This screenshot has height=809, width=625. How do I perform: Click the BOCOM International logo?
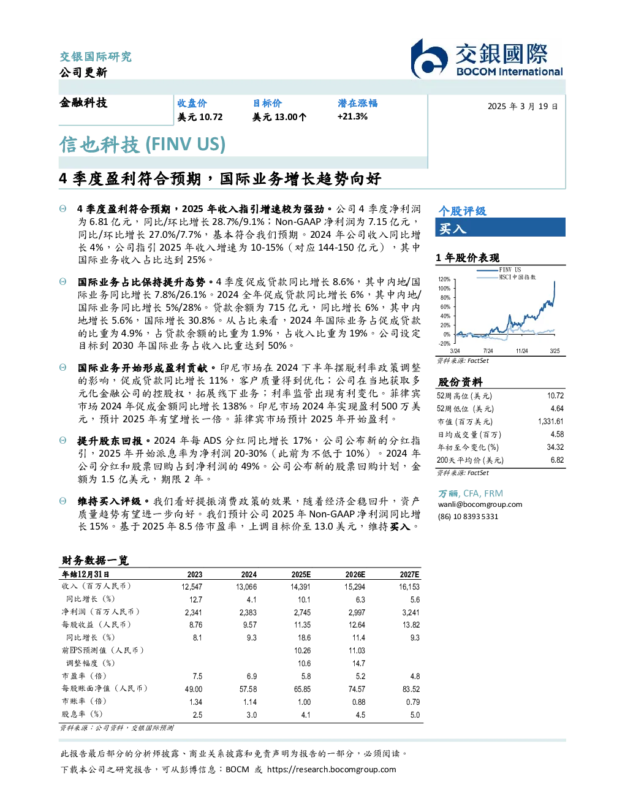point(487,58)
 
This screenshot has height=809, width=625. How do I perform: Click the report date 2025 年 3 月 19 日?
point(523,107)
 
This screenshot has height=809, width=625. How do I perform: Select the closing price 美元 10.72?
point(200,117)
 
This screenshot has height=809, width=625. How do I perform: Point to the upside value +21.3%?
point(352,116)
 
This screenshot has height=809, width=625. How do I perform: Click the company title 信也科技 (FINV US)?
point(143,145)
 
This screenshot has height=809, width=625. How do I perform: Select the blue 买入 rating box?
point(500,227)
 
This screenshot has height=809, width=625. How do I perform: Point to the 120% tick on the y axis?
point(444,279)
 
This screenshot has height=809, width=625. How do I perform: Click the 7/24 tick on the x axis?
point(488,351)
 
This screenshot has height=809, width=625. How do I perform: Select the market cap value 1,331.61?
point(550,422)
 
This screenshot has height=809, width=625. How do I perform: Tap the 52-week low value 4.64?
point(557,408)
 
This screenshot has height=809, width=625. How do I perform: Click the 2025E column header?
point(301,574)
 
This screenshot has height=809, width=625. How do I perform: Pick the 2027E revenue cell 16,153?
point(409,587)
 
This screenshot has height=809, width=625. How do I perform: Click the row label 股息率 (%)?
point(82,714)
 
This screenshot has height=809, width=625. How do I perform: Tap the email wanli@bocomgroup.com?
point(480,504)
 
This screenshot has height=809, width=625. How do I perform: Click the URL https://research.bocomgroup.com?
point(331,770)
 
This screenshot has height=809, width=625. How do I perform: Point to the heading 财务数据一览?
point(96,560)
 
